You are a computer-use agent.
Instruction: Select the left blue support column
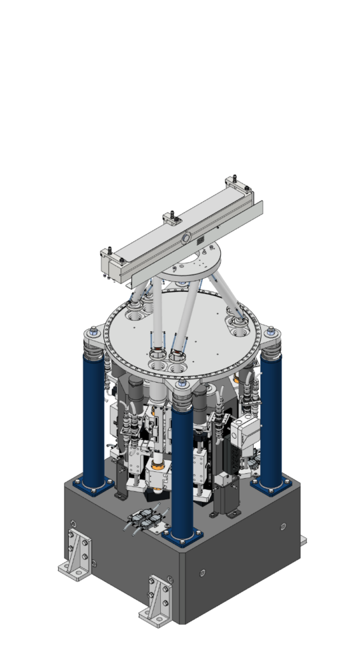[x=93, y=420]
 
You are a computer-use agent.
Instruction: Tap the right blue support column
[x=270, y=420]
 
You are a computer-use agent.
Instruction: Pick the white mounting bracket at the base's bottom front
[x=157, y=599]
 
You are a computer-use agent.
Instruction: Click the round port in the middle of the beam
[x=185, y=237]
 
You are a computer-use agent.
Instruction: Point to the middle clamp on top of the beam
[x=172, y=219]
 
